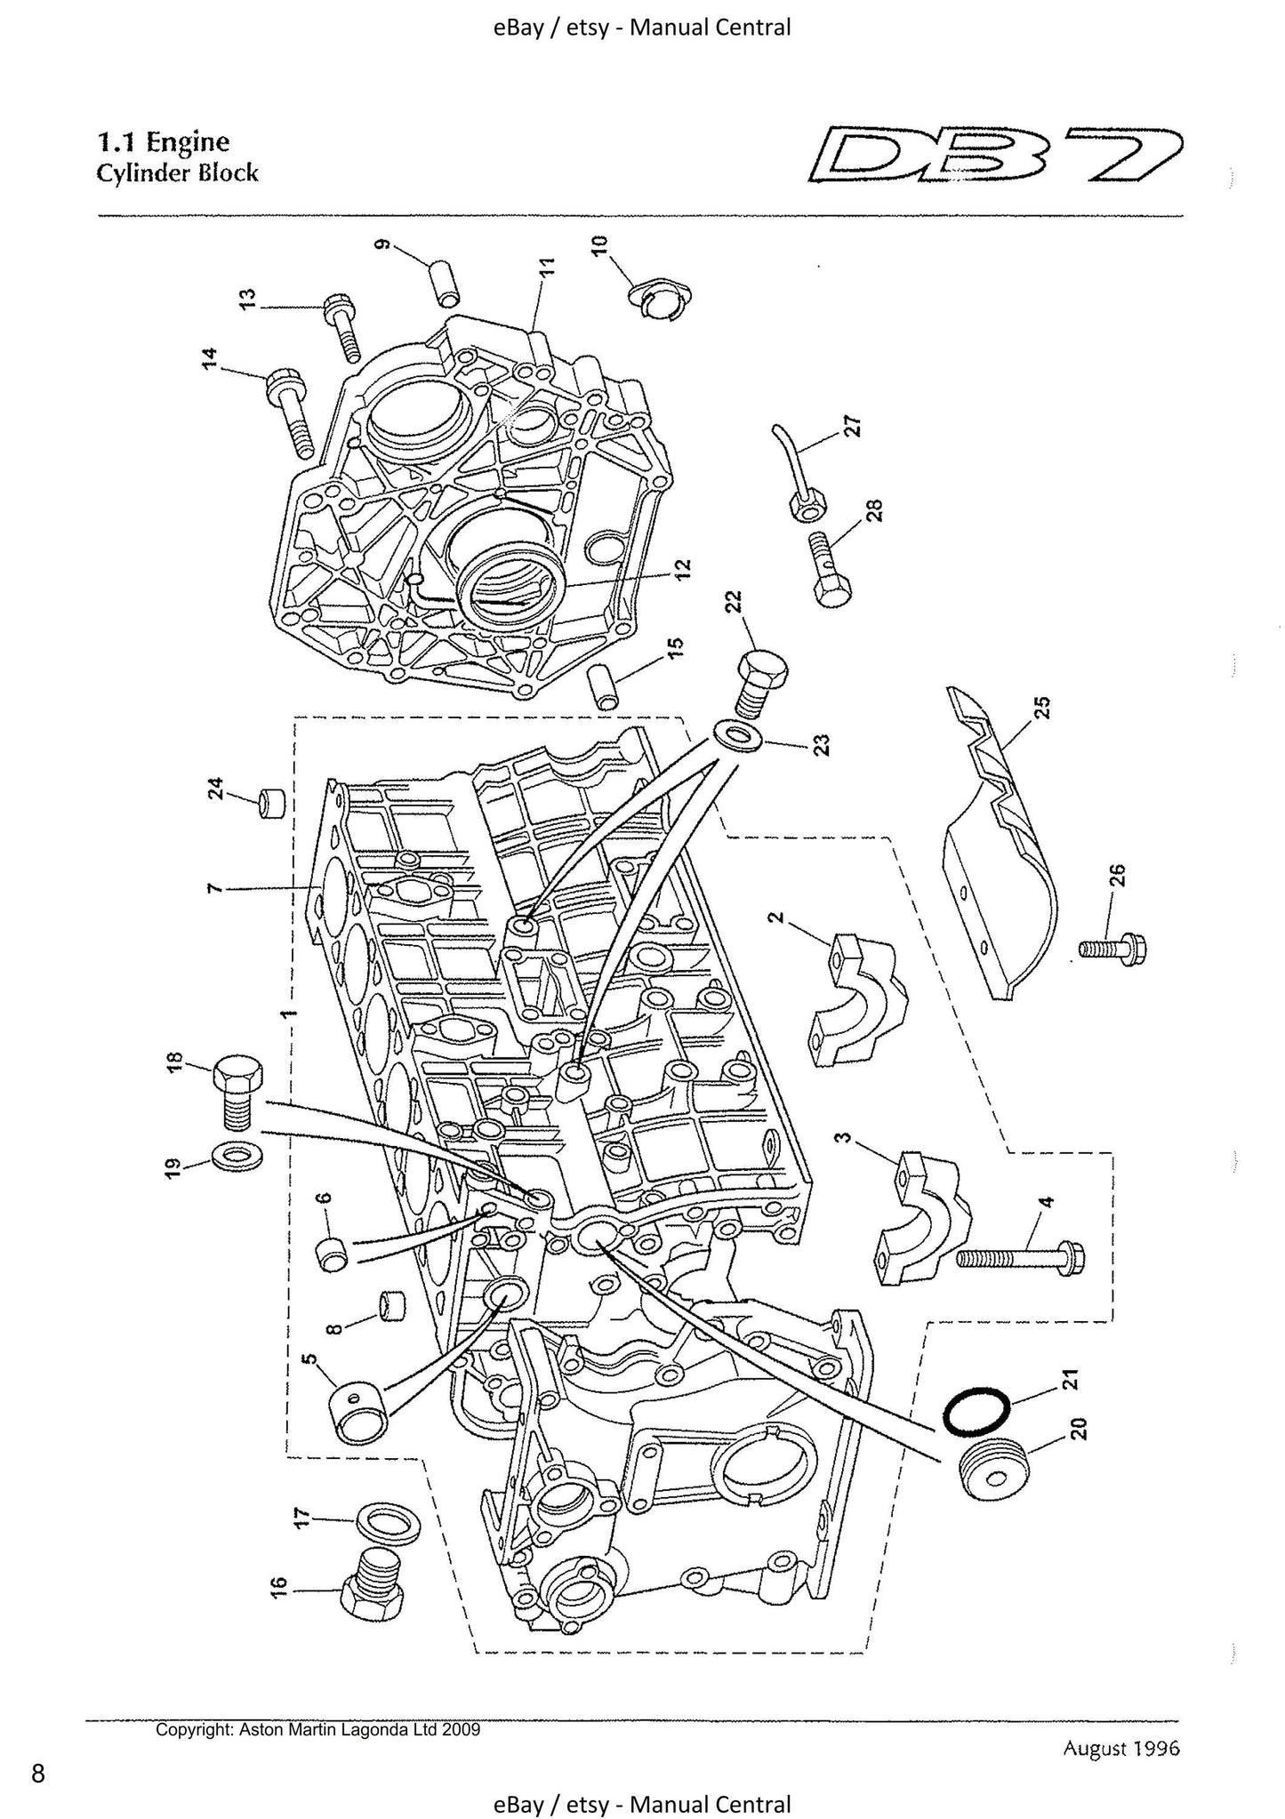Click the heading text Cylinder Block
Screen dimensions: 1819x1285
(x=177, y=172)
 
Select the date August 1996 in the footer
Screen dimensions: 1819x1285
(x=1120, y=1749)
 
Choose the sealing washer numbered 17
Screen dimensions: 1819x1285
(x=388, y=1523)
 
